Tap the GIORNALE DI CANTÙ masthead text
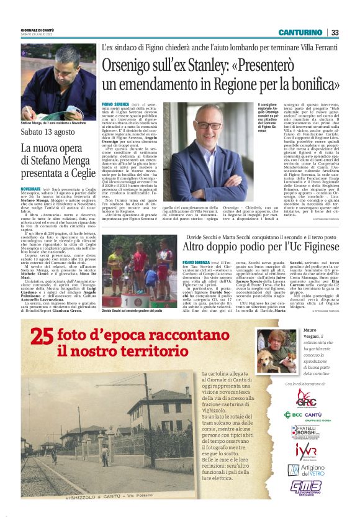[x=38, y=30]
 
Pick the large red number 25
[x=43, y=337]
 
